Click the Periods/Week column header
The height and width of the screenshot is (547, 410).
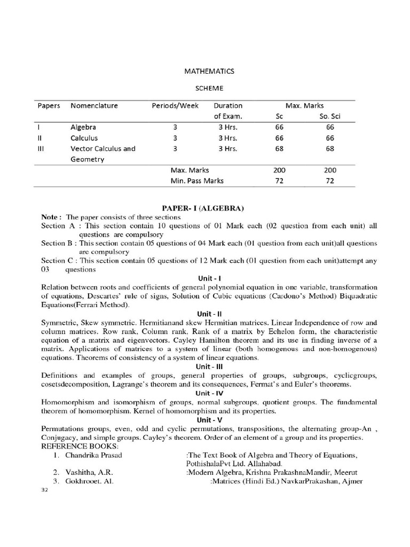[175, 106]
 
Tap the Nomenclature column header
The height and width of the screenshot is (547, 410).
[94, 106]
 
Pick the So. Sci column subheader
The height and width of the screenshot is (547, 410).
[329, 116]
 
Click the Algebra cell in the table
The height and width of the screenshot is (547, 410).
[84, 128]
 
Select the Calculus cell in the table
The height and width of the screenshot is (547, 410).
[84, 138]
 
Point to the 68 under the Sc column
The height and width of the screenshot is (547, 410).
[280, 149]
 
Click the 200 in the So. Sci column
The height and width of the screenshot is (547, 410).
[329, 170]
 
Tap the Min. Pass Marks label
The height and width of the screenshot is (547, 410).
[197, 181]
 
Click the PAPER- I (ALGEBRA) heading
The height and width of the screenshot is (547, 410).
[204, 207]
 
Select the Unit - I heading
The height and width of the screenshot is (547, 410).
[206, 279]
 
